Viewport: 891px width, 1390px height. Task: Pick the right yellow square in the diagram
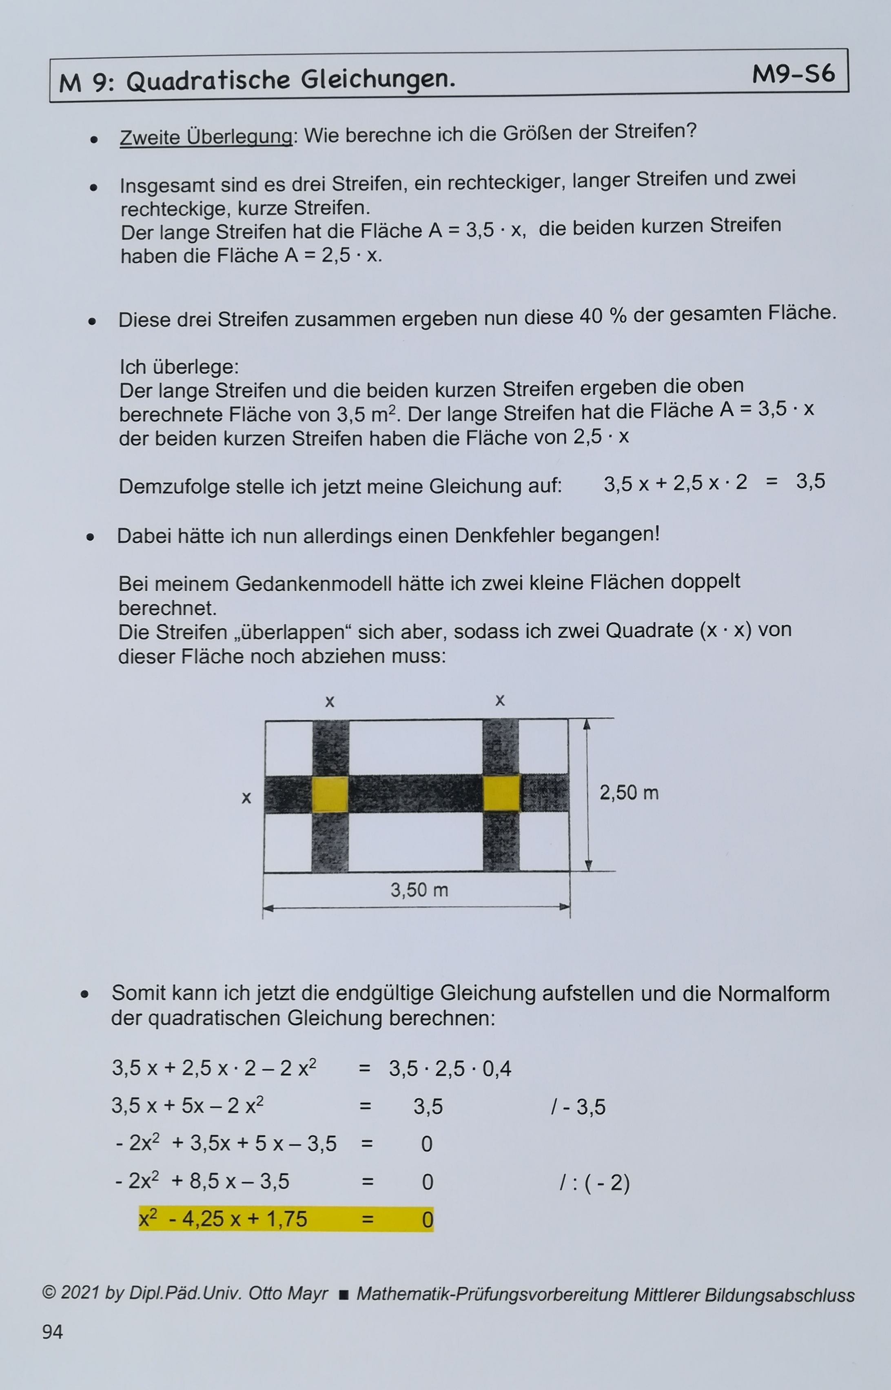(x=501, y=793)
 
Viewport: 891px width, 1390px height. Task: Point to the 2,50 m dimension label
(x=629, y=792)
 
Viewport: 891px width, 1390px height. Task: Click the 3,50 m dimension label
(x=419, y=890)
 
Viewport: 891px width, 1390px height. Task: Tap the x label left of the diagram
(x=246, y=798)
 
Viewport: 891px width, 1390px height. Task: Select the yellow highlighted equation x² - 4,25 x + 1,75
(x=223, y=1219)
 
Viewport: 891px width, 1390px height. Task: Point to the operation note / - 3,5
(x=578, y=1106)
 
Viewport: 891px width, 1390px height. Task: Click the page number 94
(x=52, y=1332)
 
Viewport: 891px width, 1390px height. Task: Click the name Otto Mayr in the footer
(x=288, y=1293)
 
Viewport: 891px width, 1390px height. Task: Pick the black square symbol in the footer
(x=343, y=1295)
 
